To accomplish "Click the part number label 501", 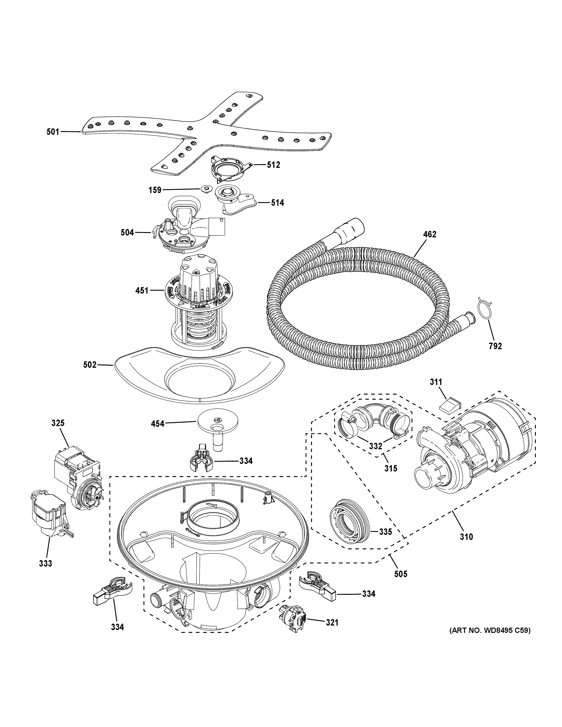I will click(x=53, y=132).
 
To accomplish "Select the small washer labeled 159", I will click(x=207, y=189).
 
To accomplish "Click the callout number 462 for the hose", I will click(x=429, y=234).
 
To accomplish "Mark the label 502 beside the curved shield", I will click(x=89, y=365).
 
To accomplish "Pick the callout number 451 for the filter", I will click(x=142, y=291).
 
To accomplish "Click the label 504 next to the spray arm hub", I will click(x=127, y=232).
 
